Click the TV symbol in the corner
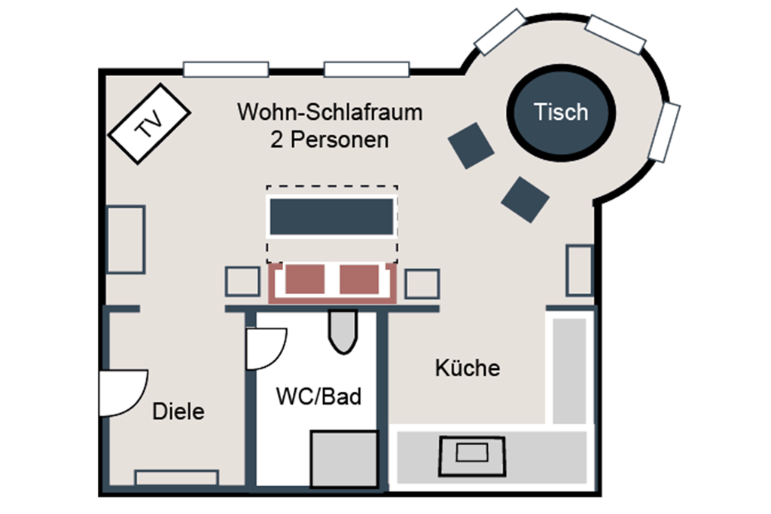click(x=149, y=124)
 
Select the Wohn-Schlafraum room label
click(x=329, y=113)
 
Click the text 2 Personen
click(x=329, y=139)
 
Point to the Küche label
click(x=467, y=369)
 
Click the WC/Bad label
click(x=318, y=396)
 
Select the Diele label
click(x=178, y=412)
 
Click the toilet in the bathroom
click(x=342, y=332)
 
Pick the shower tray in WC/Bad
click(x=344, y=458)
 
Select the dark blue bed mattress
click(x=331, y=216)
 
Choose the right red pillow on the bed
click(x=358, y=279)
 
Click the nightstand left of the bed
click(x=242, y=282)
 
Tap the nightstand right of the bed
click(x=422, y=284)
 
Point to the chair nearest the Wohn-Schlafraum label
click(x=471, y=145)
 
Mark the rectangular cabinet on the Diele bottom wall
click(x=176, y=478)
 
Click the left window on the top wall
click(x=226, y=69)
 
